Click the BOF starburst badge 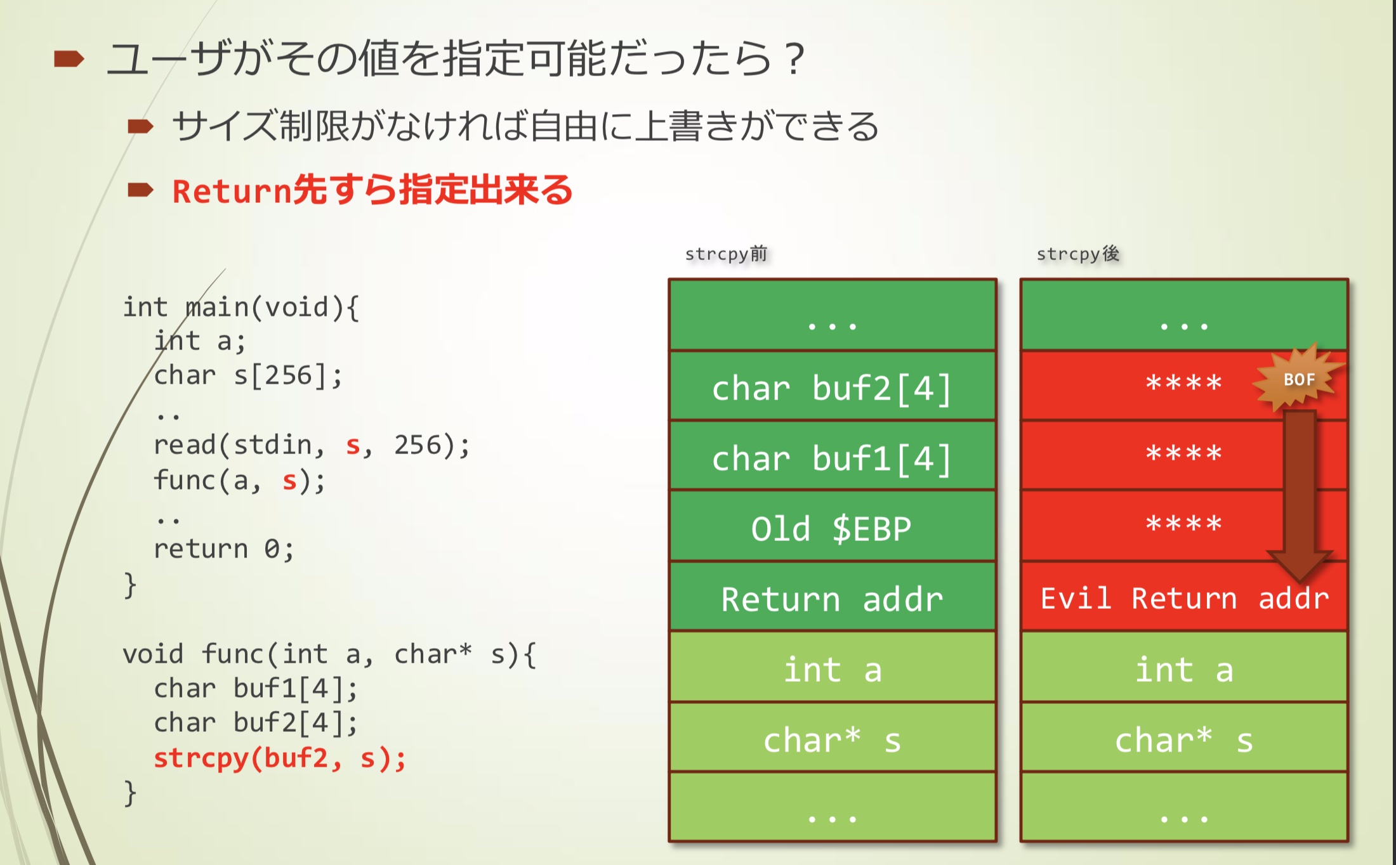[x=1298, y=379]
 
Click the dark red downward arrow [x=1299, y=495]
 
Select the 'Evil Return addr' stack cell [x=1184, y=598]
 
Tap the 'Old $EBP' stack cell [x=832, y=528]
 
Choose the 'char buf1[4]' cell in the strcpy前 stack [x=832, y=457]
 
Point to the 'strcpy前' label [x=726, y=254]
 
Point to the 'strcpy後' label [x=1077, y=254]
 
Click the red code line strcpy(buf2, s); [x=280, y=758]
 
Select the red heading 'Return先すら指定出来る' [x=372, y=190]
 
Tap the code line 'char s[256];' [x=248, y=375]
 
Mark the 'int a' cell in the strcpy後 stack [x=1184, y=669]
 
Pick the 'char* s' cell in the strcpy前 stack [x=832, y=739]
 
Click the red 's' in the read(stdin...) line [x=353, y=446]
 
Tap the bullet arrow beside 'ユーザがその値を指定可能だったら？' [x=69, y=59]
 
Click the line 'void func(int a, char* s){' [x=329, y=654]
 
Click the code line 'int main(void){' [x=240, y=308]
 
